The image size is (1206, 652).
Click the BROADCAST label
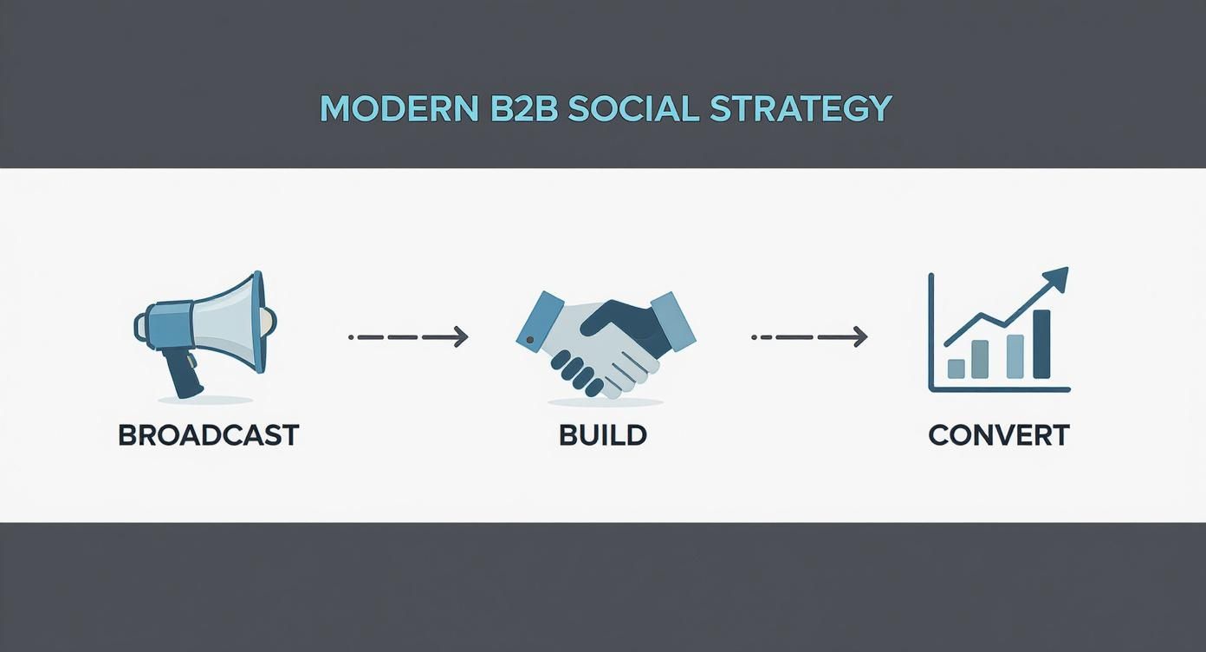(208, 434)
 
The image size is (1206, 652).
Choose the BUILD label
(603, 434)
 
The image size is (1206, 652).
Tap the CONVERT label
(998, 434)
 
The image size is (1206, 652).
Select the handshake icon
(606, 343)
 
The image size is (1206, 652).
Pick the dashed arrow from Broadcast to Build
(407, 336)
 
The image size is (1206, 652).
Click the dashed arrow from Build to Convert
(808, 336)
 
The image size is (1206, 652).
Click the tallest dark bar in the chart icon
(1041, 344)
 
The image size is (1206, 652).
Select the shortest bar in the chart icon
(956, 368)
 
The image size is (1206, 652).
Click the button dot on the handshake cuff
(530, 339)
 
